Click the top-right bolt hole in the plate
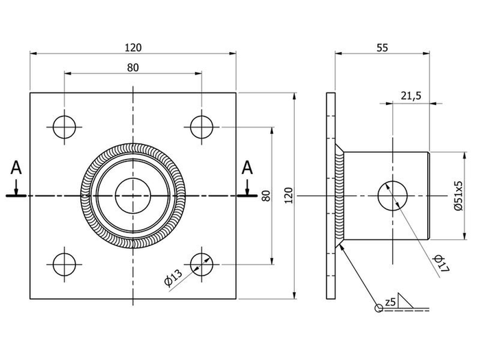pyautogui.click(x=202, y=126)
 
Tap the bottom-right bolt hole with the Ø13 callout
pyautogui.click(x=202, y=263)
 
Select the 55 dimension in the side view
pyautogui.click(x=383, y=47)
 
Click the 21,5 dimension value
pyautogui.click(x=410, y=97)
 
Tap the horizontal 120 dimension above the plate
pyautogui.click(x=133, y=47)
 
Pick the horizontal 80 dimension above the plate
pyautogui.click(x=133, y=67)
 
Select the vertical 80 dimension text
pyautogui.click(x=264, y=195)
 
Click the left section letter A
pyautogui.click(x=17, y=168)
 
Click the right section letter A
pyautogui.click(x=248, y=168)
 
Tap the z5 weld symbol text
pyautogui.click(x=390, y=302)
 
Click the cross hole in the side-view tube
pyautogui.click(x=393, y=195)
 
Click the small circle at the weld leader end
pyautogui.click(x=377, y=308)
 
